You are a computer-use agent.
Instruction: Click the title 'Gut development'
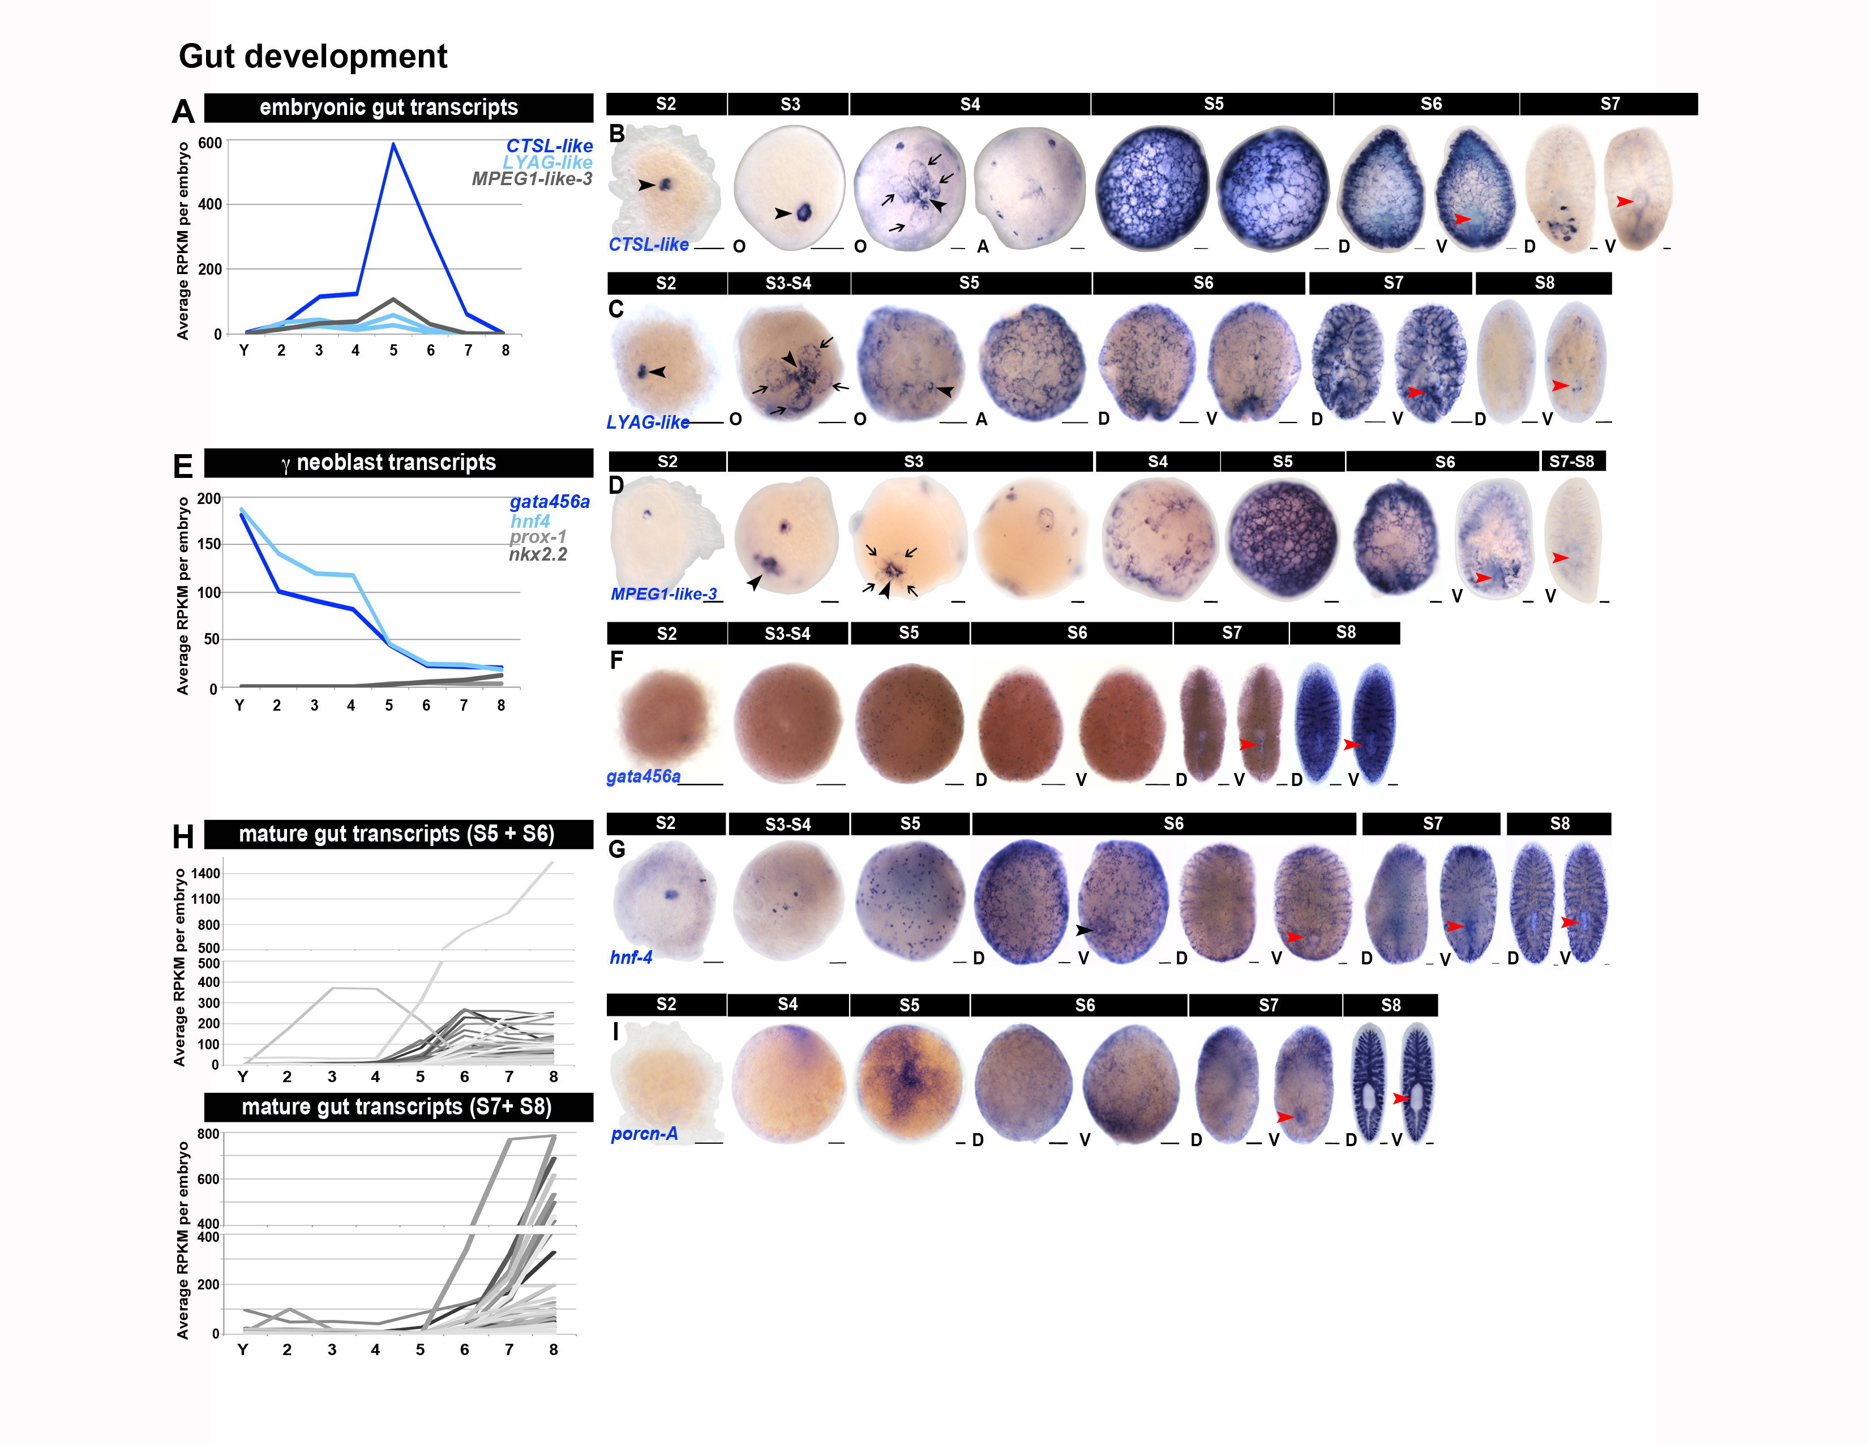coord(312,57)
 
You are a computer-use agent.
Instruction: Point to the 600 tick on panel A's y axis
coord(209,143)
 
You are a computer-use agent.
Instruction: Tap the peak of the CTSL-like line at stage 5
coord(393,144)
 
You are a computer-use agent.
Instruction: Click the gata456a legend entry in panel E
coord(549,501)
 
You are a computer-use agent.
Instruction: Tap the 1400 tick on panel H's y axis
coord(205,873)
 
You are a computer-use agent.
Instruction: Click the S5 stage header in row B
coord(1213,104)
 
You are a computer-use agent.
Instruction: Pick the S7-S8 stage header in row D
coord(1572,461)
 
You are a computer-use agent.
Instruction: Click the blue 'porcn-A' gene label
coord(644,1134)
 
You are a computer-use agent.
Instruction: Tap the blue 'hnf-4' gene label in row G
coord(631,957)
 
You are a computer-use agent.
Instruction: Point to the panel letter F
coord(616,660)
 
